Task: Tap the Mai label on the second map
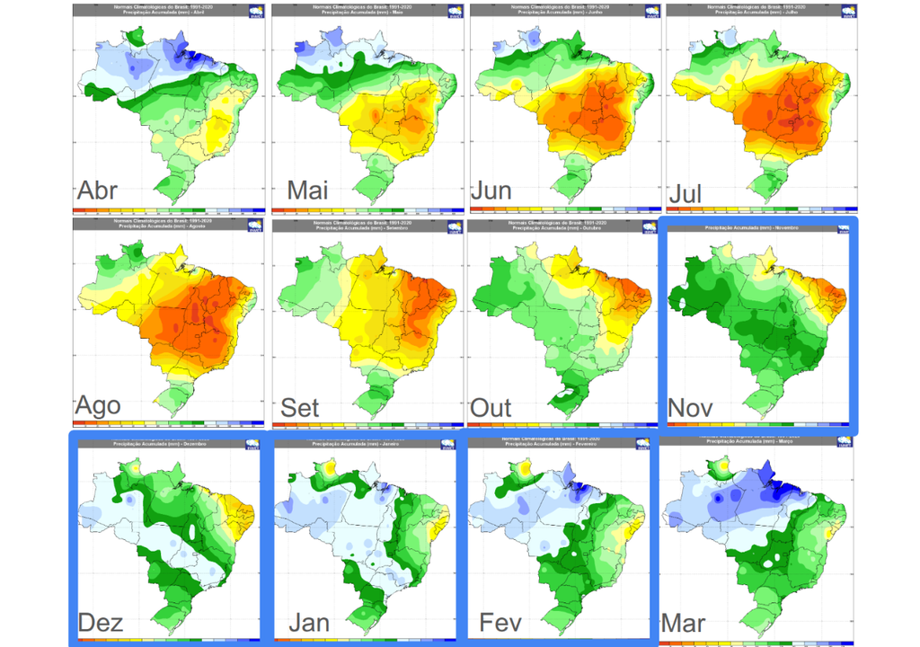pos(308,191)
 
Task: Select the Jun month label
pos(491,191)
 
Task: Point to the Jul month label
pos(686,193)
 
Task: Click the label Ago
pos(99,405)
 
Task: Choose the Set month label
pos(300,407)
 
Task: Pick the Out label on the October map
pos(491,407)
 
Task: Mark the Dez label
pos(101,622)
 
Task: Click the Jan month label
pos(309,622)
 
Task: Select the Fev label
pos(500,622)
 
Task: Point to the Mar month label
pos(683,622)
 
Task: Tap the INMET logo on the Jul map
pos(846,12)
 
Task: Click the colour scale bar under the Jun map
pos(564,208)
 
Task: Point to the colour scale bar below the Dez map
pos(168,640)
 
